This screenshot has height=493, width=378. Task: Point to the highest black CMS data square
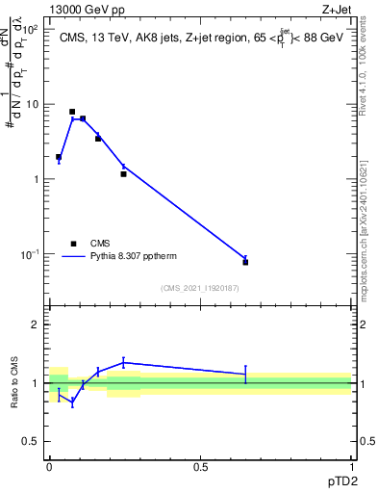pyautogui.click(x=72, y=112)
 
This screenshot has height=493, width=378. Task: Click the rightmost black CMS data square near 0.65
pyautogui.click(x=245, y=262)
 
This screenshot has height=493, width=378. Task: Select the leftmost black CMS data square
pyautogui.click(x=59, y=157)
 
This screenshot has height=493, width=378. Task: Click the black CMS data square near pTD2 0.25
pyautogui.click(x=123, y=174)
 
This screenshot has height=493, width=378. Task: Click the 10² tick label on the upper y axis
pyautogui.click(x=32, y=29)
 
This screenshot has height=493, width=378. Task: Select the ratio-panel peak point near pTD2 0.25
pyautogui.click(x=123, y=362)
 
